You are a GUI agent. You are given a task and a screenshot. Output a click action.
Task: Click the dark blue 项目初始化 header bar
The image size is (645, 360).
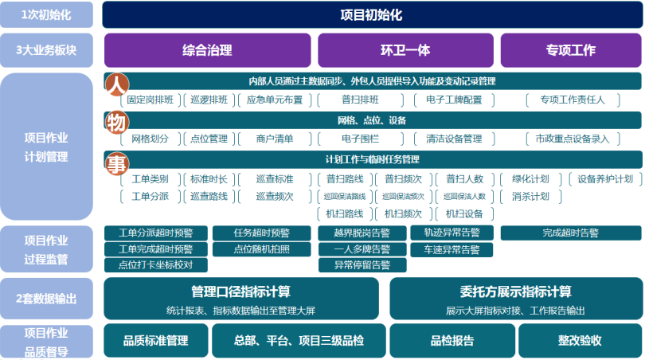(x=371, y=15)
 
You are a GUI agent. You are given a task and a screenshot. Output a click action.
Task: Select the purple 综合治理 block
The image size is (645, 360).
(x=207, y=50)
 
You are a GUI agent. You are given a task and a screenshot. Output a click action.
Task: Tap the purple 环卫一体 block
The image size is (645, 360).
(x=405, y=50)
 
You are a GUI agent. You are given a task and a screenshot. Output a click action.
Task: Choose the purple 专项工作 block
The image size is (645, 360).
(x=570, y=50)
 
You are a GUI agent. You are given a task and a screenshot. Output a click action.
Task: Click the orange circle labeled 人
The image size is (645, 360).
(x=116, y=83)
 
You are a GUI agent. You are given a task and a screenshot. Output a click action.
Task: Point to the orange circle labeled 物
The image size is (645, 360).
(x=116, y=121)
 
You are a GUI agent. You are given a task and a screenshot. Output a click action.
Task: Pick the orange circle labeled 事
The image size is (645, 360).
(x=116, y=163)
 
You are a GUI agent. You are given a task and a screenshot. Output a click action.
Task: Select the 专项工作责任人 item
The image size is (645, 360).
(x=573, y=100)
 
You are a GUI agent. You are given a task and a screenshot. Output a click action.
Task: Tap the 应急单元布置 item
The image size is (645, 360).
(x=274, y=100)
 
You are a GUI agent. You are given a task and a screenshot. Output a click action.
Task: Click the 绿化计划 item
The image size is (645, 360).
(x=530, y=178)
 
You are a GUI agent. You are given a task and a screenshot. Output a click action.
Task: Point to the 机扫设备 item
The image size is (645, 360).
(x=464, y=213)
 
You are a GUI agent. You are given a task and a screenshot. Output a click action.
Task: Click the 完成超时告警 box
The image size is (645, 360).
(x=570, y=233)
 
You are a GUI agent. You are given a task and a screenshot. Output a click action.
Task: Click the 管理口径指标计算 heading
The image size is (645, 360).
(x=241, y=292)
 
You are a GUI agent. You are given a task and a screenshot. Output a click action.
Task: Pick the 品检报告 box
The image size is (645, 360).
(x=452, y=340)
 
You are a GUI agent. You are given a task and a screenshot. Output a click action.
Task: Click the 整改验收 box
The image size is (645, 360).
(x=580, y=340)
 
